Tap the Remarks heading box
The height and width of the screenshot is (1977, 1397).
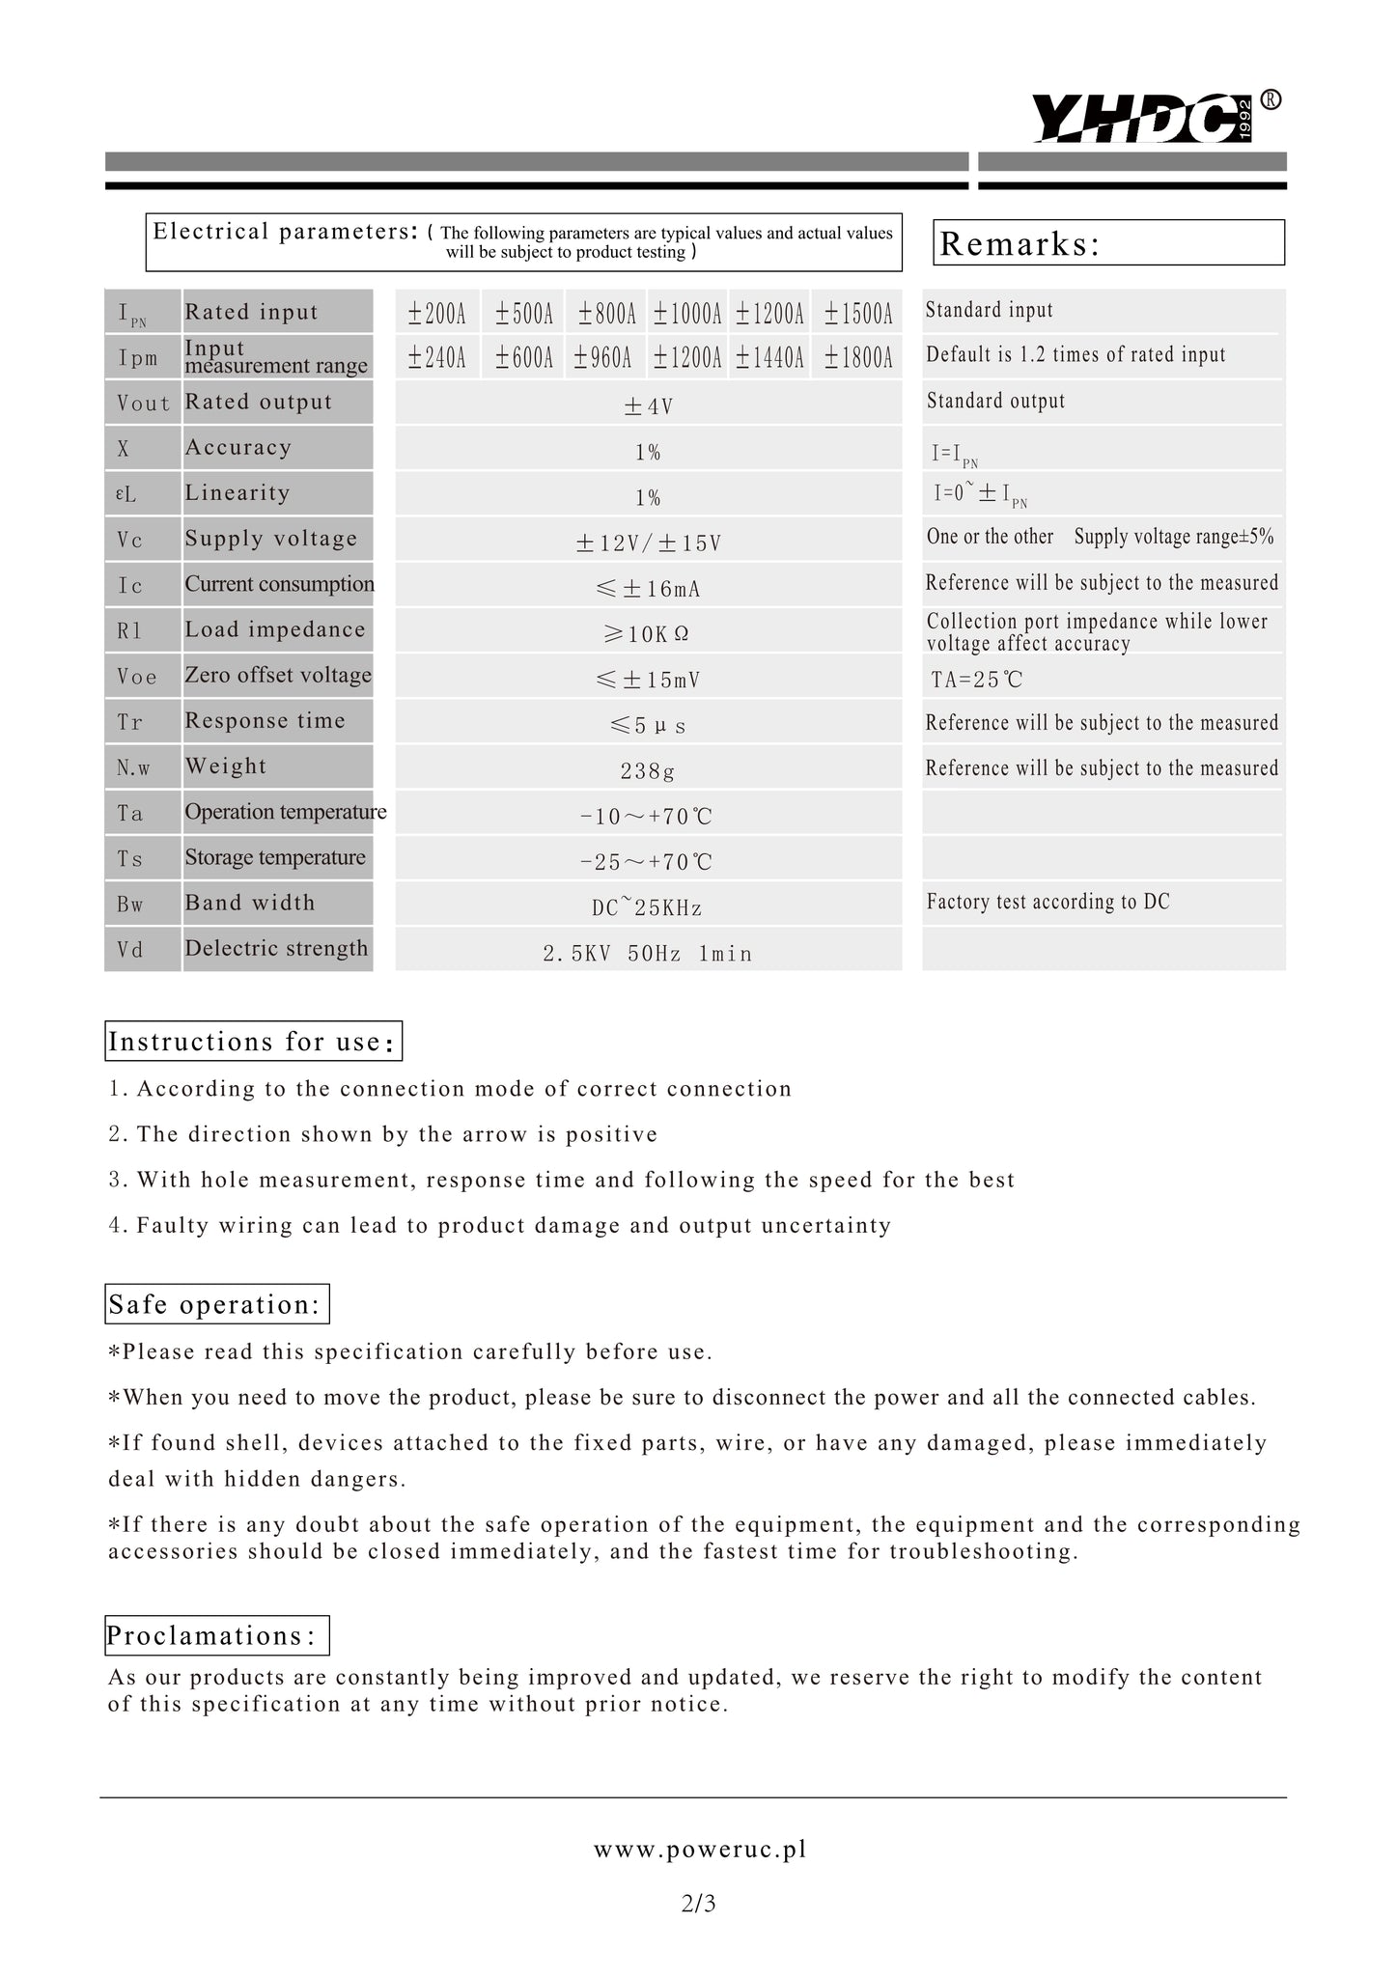pos(1108,242)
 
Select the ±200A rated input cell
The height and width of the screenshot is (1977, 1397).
pos(436,313)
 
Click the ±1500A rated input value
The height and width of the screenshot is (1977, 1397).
pos(858,313)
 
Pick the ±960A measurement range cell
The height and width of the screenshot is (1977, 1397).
pos(603,358)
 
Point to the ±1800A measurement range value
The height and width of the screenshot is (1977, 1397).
pos(858,358)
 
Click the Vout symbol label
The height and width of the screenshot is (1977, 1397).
pos(143,404)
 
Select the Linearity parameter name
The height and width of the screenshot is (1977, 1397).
pos(237,493)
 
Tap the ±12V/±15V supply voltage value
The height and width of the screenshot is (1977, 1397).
pos(648,543)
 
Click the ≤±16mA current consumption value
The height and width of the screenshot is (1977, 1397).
pos(648,589)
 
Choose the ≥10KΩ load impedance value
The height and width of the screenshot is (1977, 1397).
pos(648,634)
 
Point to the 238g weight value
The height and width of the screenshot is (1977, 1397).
pos(648,771)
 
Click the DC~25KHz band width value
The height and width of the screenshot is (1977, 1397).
pos(648,907)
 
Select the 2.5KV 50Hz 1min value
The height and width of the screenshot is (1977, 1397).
pos(648,954)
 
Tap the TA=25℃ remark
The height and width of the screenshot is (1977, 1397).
pos(976,680)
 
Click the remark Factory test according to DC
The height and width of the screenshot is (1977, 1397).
pos(1048,902)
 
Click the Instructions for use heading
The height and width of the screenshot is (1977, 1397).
pos(253,1042)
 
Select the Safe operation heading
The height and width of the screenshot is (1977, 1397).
pos(216,1304)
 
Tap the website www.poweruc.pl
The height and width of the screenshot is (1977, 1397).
pos(699,1849)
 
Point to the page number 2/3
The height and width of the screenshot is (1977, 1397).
pos(698,1904)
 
